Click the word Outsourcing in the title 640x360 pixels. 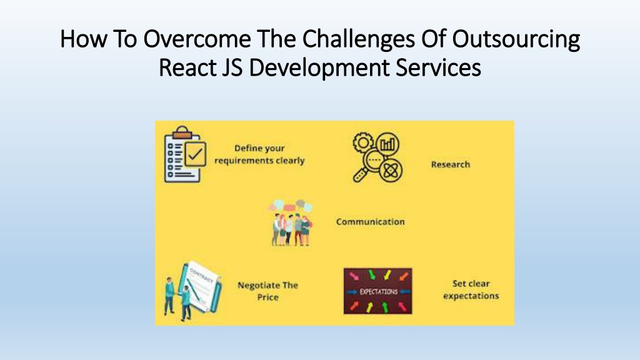[x=516, y=39]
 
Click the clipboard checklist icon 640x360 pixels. [x=185, y=154]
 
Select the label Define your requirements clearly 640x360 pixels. [x=259, y=154]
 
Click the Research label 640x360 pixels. [x=451, y=164]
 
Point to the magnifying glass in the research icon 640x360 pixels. [x=369, y=165]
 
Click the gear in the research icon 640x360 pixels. [x=363, y=142]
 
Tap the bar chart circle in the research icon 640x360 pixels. [x=387, y=144]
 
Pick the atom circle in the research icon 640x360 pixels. [x=391, y=170]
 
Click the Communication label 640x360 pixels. [x=371, y=222]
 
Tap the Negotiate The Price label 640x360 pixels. [x=267, y=291]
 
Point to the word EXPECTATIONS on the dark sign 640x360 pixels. [x=378, y=292]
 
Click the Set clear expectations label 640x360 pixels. [x=471, y=289]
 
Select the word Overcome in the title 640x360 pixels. [x=197, y=39]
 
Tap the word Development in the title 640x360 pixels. [x=319, y=67]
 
